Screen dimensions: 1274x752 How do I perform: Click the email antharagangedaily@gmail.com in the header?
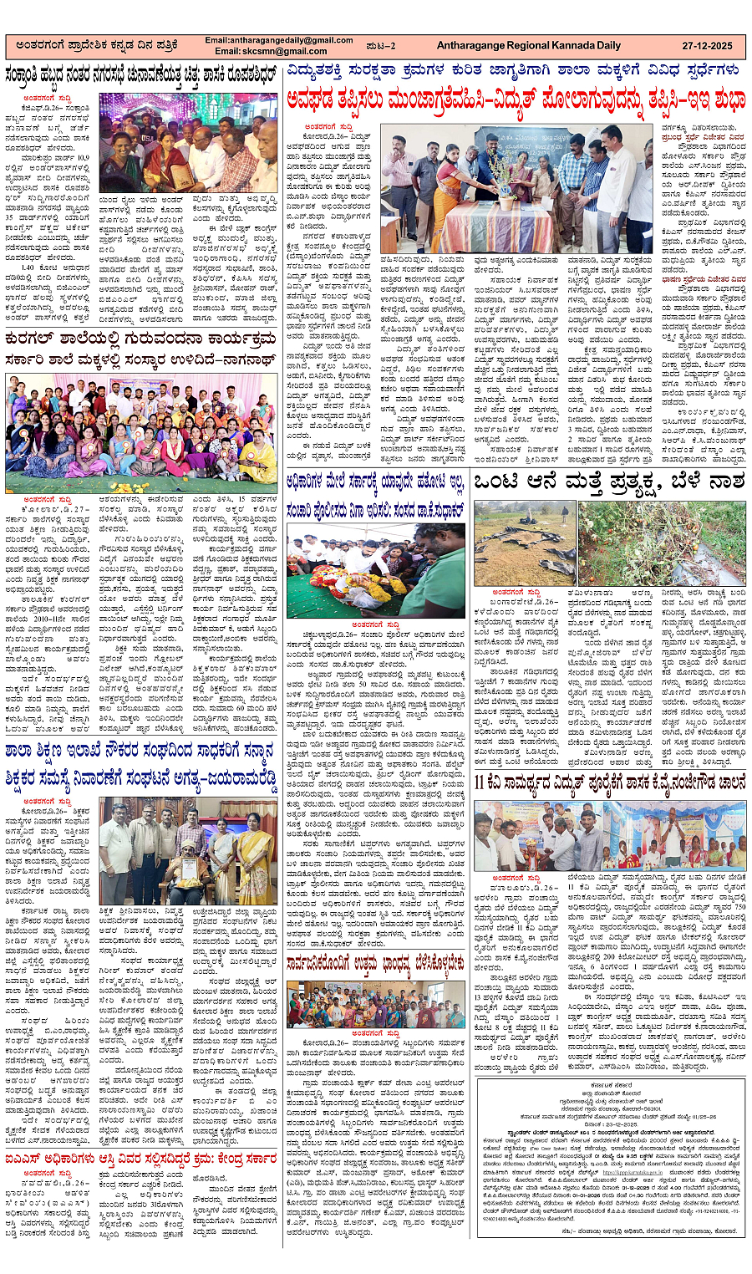278,40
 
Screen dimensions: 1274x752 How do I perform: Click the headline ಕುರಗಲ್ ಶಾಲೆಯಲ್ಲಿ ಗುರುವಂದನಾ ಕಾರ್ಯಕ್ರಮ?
142,339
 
